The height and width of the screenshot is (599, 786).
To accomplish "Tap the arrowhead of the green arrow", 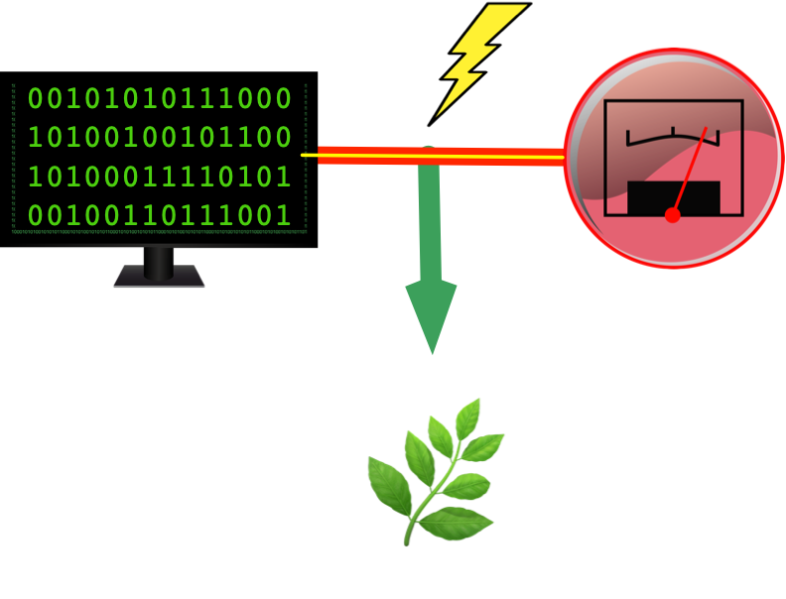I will (x=431, y=312).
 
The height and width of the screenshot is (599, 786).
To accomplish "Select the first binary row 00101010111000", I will (x=159, y=98).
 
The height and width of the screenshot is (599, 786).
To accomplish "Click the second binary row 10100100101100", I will (x=159, y=137).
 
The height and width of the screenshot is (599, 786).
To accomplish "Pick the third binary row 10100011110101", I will (x=159, y=177).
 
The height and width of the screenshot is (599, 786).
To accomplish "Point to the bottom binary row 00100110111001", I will (x=159, y=215).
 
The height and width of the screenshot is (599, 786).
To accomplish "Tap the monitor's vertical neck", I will (x=159, y=260).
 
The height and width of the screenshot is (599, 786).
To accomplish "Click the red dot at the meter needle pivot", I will (x=673, y=214).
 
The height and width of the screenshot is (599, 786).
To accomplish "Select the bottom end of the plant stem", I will (x=407, y=541).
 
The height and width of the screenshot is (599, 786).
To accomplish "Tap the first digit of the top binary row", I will (x=35, y=98).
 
